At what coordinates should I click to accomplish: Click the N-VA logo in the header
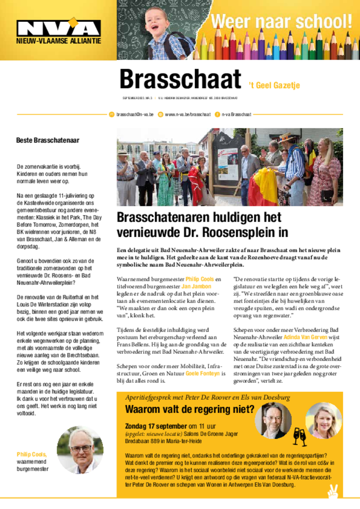(x=58, y=28)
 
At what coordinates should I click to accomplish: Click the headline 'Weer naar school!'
(x=281, y=22)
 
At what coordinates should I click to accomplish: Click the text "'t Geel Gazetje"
(x=274, y=85)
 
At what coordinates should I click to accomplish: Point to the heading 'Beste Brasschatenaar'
(x=48, y=141)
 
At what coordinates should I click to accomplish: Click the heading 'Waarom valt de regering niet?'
(x=189, y=409)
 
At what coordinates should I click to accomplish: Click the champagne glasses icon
(x=299, y=436)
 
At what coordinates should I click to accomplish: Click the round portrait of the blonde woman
(x=324, y=421)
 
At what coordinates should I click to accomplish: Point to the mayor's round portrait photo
(x=80, y=450)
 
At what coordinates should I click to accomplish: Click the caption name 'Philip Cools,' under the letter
(x=31, y=454)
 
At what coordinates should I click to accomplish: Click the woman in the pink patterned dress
(x=328, y=171)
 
